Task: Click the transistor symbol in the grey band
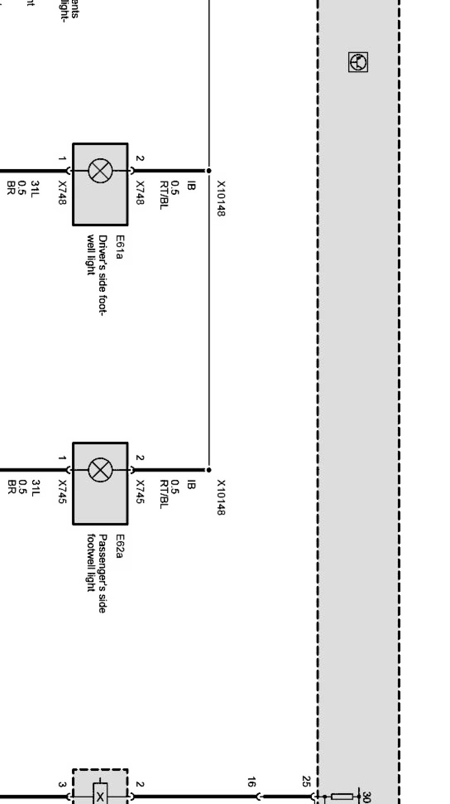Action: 358,62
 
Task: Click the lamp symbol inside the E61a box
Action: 100,171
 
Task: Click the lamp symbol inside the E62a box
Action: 100,470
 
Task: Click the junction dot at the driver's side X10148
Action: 209,171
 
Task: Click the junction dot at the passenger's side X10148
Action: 209,470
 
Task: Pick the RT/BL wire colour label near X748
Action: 164,195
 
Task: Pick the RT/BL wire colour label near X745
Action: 164,495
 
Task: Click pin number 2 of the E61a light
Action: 140,159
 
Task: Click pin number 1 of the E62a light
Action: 62,458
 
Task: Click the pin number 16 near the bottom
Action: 251,782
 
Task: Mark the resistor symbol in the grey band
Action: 342,796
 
